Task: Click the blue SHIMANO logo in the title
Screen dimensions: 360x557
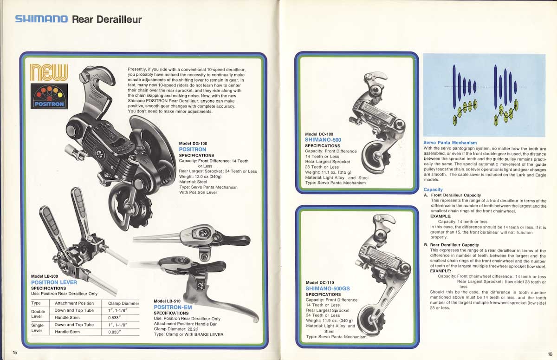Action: click(x=41, y=19)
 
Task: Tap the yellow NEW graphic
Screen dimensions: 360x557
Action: click(x=49, y=72)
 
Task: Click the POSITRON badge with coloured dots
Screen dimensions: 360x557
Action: click(x=49, y=96)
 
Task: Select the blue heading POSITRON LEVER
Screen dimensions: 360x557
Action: click(x=54, y=282)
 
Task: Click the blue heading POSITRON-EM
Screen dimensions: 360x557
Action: click(x=173, y=308)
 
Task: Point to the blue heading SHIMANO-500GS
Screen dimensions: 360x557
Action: click(x=328, y=288)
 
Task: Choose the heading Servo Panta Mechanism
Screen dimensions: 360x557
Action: click(x=450, y=143)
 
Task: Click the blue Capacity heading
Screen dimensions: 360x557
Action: click(x=433, y=190)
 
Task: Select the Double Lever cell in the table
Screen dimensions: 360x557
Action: click(x=38, y=314)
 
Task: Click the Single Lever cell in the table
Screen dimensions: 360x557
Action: click(x=38, y=328)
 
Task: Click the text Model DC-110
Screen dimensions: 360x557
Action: click(x=320, y=282)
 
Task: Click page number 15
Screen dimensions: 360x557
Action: click(x=15, y=353)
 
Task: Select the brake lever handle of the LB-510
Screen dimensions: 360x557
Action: click(x=232, y=307)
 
